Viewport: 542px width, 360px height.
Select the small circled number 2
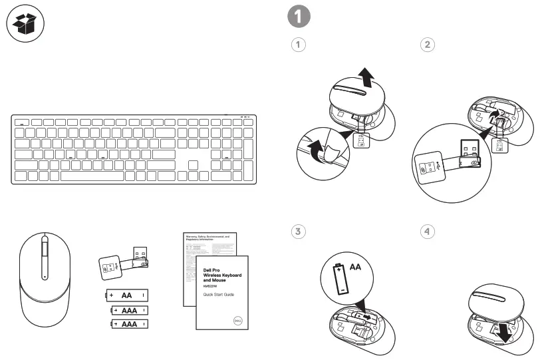(428, 45)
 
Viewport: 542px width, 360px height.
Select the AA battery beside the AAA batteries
(125, 295)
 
